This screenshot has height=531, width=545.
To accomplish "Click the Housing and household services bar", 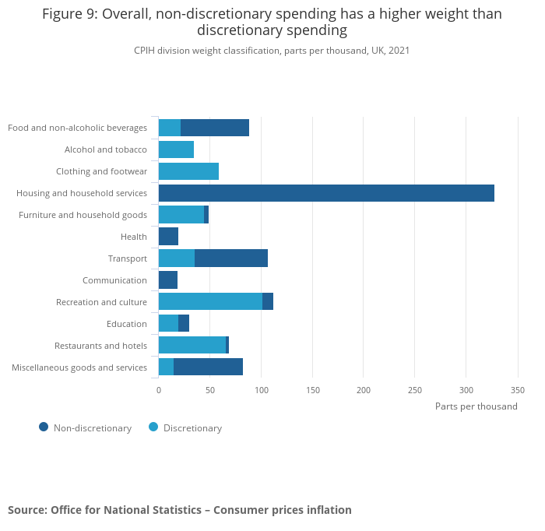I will (326, 193).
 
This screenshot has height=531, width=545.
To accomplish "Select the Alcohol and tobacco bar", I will (176, 149).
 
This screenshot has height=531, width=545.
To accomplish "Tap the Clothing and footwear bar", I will (188, 171).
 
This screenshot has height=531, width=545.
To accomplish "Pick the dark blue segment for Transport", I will (231, 258).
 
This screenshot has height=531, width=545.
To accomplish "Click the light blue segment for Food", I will (170, 128).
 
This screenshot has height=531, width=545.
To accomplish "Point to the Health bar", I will (168, 237).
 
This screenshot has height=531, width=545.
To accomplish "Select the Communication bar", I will (168, 280).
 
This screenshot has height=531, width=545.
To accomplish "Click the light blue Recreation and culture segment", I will (210, 302).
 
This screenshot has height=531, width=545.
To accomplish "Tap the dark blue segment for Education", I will (184, 324).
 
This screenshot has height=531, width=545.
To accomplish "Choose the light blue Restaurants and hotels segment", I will (192, 346).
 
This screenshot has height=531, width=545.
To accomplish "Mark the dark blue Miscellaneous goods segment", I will (208, 367).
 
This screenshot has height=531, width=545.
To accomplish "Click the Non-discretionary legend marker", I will (44, 427).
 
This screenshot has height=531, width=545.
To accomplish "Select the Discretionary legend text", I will (192, 428).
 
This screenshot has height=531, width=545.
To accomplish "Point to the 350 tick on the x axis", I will (518, 390).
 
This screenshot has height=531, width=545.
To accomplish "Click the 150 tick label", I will (312, 390).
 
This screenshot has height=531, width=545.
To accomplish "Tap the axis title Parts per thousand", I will (476, 406).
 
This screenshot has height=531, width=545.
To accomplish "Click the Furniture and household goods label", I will (83, 215).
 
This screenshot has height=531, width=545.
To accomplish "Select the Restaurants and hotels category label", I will (100, 346).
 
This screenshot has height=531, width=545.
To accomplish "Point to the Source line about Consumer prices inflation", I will (180, 510).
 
